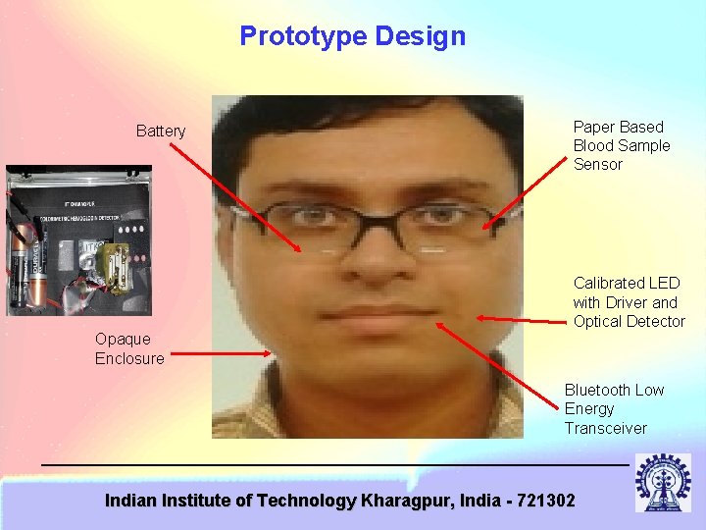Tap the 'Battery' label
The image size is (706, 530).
[161, 132]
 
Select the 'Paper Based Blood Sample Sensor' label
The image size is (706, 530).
[622, 145]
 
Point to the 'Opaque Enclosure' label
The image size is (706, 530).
[129, 348]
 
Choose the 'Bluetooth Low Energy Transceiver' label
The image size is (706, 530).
[614, 409]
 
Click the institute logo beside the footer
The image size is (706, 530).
[663, 482]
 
